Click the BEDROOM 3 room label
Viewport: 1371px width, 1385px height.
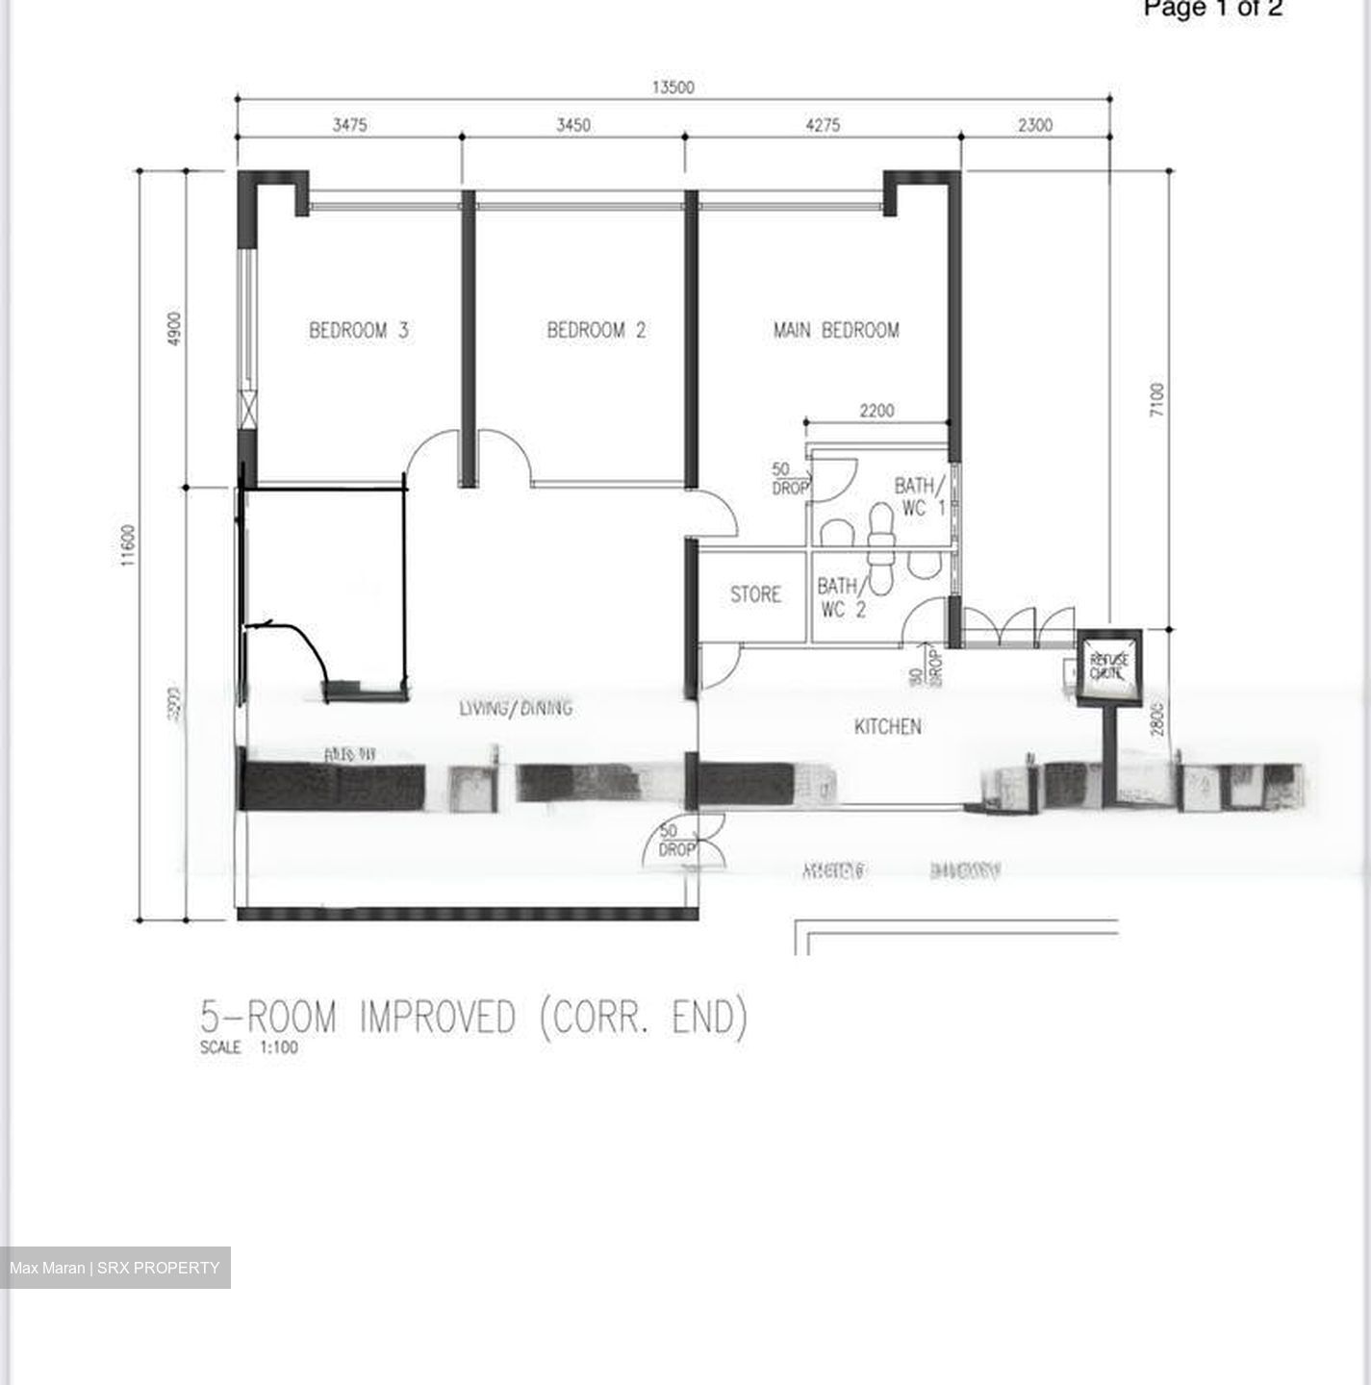pos(358,331)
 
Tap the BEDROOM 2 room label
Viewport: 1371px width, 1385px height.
pos(597,331)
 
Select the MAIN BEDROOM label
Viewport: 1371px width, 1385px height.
pos(836,331)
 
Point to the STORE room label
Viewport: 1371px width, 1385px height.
pos(755,594)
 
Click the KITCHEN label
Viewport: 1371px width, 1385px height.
pos(887,726)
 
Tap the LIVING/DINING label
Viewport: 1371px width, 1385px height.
pos(516,708)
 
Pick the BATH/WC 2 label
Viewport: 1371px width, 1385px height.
pos(841,597)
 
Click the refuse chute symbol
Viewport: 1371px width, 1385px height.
pos(1109,666)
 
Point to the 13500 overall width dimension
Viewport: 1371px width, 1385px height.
pos(673,88)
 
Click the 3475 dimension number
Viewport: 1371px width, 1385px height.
pos(349,125)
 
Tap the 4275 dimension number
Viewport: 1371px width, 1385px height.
pos(823,125)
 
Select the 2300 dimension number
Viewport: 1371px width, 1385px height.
pos(1035,125)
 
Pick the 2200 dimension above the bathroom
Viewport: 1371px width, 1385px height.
pos(876,411)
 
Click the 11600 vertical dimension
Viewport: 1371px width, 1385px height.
pos(129,545)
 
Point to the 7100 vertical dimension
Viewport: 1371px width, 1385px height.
pos(1156,399)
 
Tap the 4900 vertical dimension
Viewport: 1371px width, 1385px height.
pos(173,329)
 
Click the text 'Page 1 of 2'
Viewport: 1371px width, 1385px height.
pos(1212,9)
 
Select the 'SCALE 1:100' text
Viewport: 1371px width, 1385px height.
pos(249,1047)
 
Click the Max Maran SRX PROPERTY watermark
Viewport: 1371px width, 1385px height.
pos(114,1268)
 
